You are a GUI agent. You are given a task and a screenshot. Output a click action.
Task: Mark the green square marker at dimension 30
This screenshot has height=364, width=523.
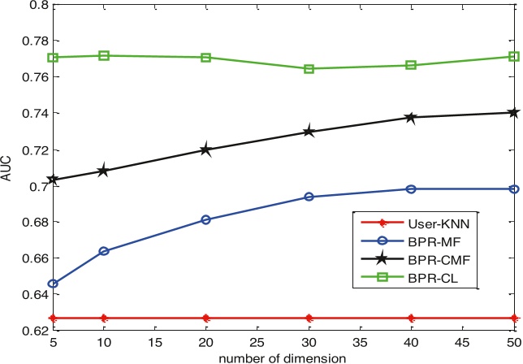click(x=309, y=69)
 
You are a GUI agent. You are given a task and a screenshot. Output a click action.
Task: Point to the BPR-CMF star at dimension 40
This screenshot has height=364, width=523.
click(x=411, y=118)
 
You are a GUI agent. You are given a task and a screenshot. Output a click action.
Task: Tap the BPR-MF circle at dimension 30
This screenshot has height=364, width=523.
click(x=309, y=197)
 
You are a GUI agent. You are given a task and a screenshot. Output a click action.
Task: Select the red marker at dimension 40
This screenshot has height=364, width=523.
click(x=411, y=318)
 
